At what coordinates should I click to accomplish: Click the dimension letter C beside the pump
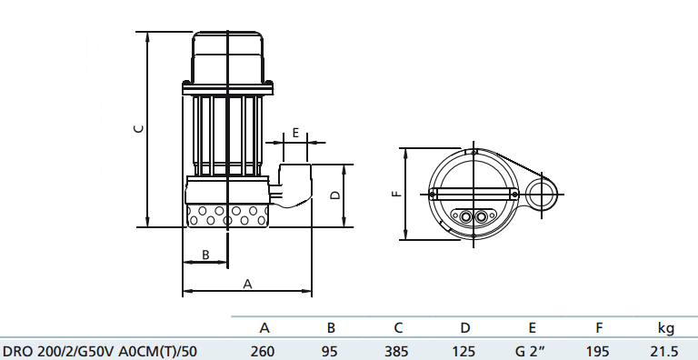point(139,128)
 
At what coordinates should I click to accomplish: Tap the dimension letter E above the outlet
point(295,133)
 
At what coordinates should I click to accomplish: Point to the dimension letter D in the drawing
point(336,195)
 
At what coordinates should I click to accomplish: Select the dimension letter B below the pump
point(205,255)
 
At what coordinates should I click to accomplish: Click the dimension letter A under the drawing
point(247,284)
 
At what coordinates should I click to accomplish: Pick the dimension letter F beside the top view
point(397,194)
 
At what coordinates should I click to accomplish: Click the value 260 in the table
point(262,352)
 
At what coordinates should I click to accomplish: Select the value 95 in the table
point(329,352)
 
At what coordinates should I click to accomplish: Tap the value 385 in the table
point(396,352)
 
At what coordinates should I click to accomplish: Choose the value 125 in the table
point(464,352)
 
